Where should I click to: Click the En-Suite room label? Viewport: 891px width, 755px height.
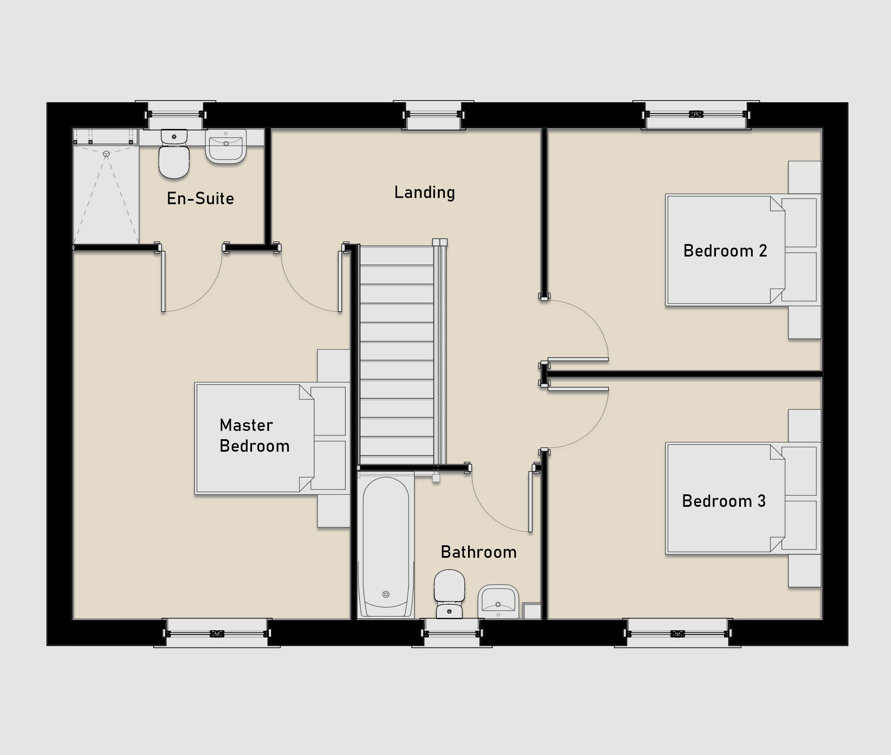[200, 199]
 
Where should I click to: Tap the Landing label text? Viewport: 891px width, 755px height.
[425, 192]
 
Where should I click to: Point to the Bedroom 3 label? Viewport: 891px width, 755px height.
[724, 501]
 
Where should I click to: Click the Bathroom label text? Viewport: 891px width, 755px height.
[478, 552]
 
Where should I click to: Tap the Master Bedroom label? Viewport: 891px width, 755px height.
[254, 436]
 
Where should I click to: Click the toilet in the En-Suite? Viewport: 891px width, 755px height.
[174, 154]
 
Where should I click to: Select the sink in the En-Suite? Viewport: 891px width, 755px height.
[226, 146]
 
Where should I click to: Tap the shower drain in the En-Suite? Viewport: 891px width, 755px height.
[106, 154]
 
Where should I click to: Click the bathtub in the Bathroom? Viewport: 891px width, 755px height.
[386, 546]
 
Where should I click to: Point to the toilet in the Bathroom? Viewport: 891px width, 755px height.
[449, 594]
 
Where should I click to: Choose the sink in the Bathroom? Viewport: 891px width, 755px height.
[498, 601]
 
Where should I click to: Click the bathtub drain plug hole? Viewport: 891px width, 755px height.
[386, 594]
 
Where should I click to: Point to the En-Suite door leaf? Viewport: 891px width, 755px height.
[163, 281]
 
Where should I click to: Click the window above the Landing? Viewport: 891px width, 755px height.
[433, 114]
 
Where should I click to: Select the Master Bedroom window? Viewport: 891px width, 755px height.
[217, 633]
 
